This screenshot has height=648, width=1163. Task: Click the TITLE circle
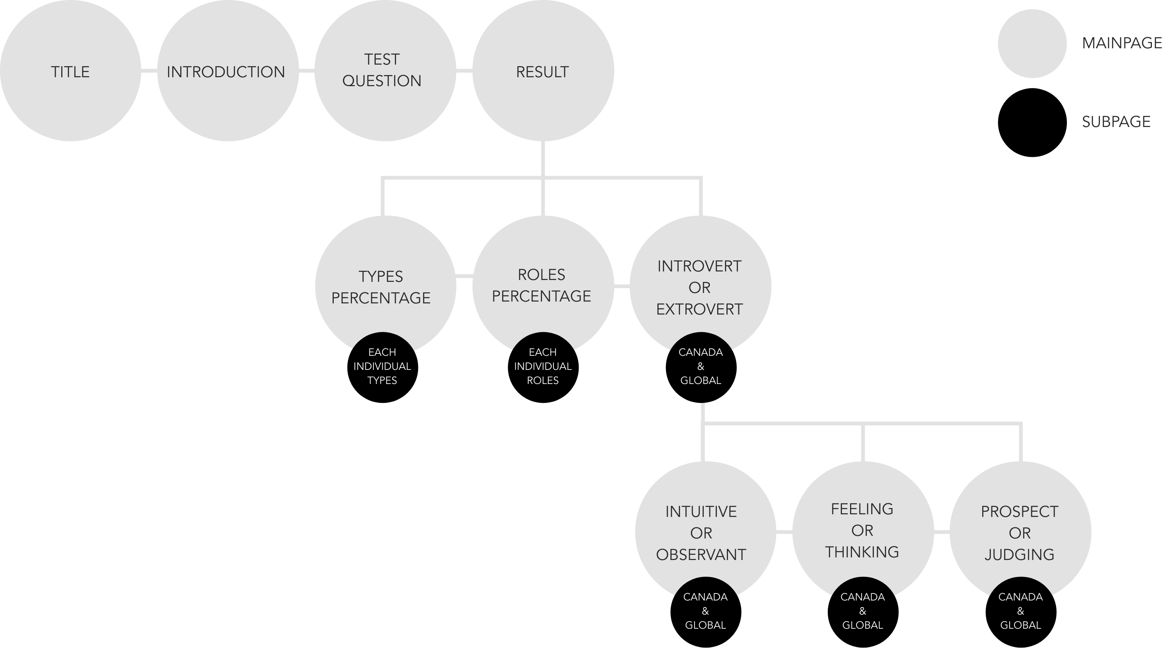pyautogui.click(x=70, y=71)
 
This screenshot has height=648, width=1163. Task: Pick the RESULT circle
pyautogui.click(x=543, y=71)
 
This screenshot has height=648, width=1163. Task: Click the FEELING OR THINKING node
pyautogui.click(x=862, y=531)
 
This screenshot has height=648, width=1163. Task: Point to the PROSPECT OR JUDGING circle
pyautogui.click(x=1020, y=533)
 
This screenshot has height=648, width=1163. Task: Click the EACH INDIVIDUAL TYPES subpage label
pyautogui.click(x=382, y=366)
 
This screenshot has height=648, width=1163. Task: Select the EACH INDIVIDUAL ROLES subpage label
pyautogui.click(x=543, y=366)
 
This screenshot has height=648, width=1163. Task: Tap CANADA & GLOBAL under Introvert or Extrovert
pyautogui.click(x=701, y=366)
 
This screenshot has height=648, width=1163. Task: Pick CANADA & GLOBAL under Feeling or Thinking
pyautogui.click(x=862, y=611)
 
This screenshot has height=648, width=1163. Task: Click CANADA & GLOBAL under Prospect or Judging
pyautogui.click(x=1020, y=611)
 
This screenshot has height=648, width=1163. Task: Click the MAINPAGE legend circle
pyautogui.click(x=1032, y=43)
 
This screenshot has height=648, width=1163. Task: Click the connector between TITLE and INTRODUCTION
pyautogui.click(x=149, y=71)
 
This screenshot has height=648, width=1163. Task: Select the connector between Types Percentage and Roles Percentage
pyautogui.click(x=464, y=275)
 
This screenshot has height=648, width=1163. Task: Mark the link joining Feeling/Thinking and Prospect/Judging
pyautogui.click(x=941, y=533)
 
